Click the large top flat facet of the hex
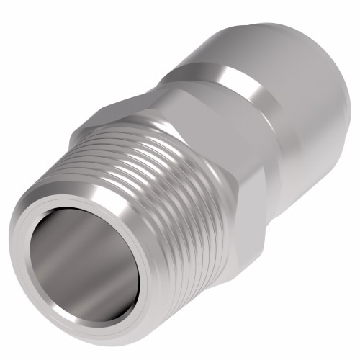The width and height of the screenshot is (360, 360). [194, 108]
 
